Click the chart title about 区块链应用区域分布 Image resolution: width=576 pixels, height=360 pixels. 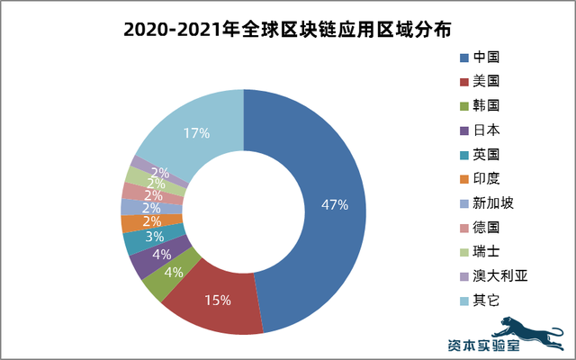(x=288, y=29)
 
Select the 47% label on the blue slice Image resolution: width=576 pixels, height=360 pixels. (x=334, y=204)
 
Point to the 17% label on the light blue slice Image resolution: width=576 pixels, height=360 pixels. (x=196, y=133)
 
